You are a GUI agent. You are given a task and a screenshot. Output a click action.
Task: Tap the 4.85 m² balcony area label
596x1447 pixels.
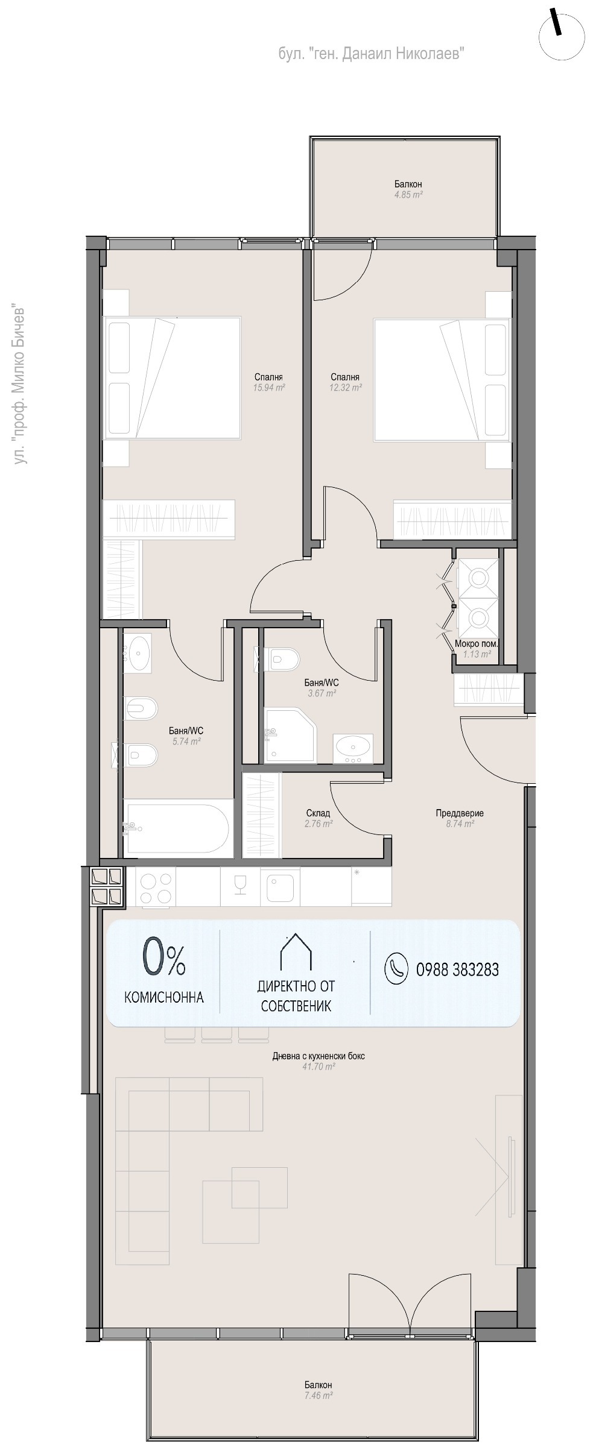point(408,195)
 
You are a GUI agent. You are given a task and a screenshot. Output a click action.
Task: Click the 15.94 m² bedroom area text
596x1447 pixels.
point(268,388)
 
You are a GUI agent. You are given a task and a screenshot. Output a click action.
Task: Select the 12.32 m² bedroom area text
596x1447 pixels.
point(345,388)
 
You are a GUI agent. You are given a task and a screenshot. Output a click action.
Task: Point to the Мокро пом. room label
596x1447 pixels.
point(476,643)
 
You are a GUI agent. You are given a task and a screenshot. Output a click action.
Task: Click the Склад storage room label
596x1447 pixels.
point(318,813)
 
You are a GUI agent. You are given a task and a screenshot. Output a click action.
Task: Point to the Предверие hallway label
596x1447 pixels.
point(460,813)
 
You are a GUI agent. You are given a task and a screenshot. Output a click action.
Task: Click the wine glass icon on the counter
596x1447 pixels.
point(240,883)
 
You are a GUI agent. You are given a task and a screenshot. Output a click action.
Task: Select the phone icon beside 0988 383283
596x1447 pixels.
point(397,969)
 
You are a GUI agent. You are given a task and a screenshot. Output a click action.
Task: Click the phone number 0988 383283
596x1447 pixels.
point(458,969)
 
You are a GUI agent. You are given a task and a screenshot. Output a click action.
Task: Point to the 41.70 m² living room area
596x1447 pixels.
point(319,1067)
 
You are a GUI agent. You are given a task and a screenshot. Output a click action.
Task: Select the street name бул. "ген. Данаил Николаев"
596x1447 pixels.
point(371,54)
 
